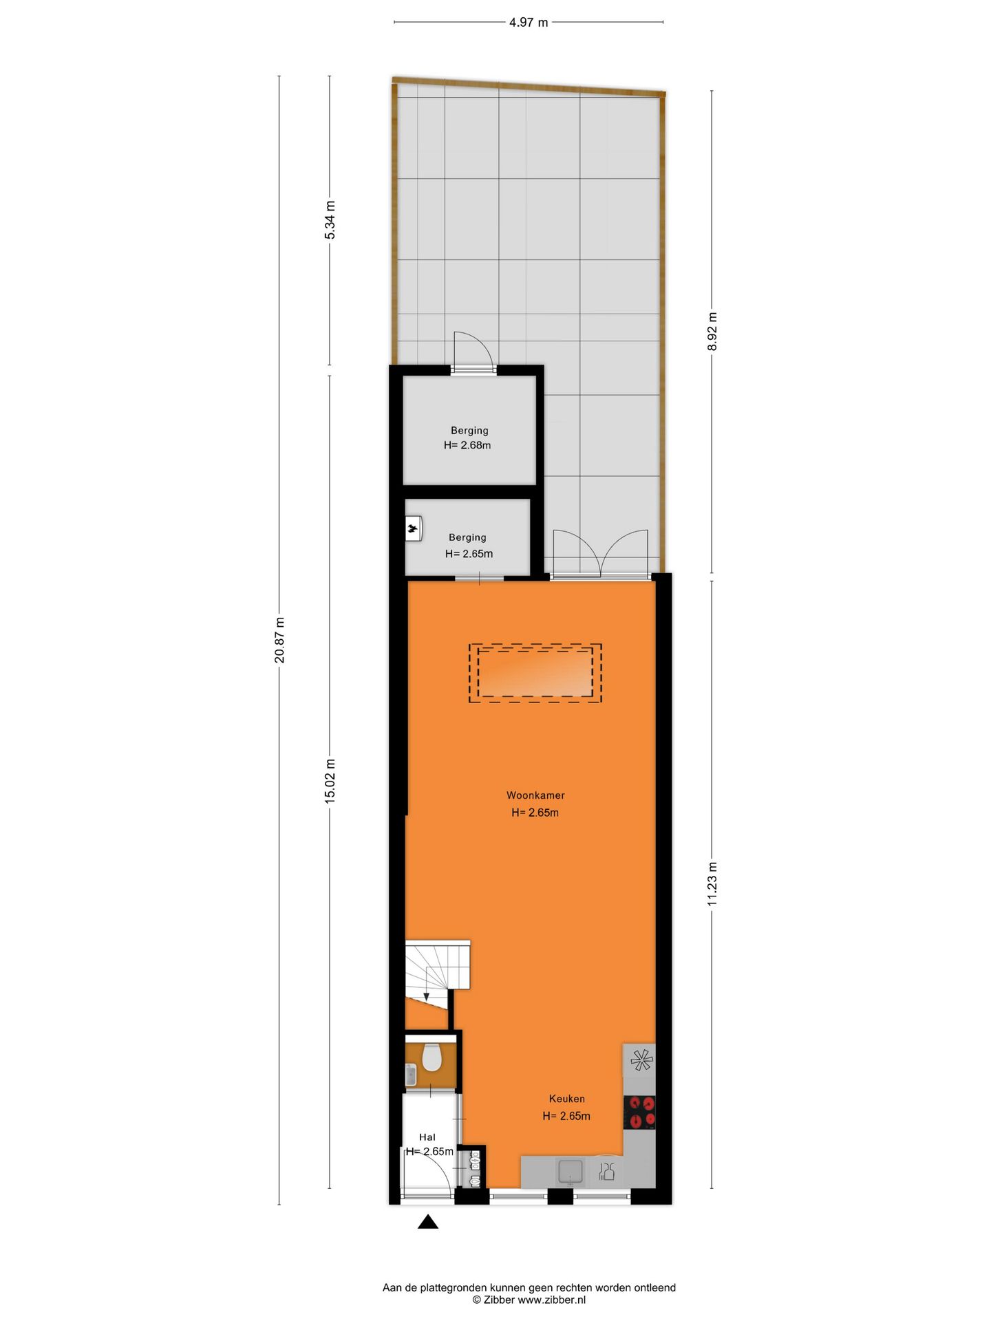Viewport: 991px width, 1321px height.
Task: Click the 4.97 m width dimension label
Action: pos(528,23)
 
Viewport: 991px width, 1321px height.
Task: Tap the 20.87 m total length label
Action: pos(279,640)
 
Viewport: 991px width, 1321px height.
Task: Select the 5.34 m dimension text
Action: pos(330,220)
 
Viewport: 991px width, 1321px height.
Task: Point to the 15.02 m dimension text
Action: pos(330,781)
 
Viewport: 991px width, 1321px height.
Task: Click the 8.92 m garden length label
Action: pos(712,332)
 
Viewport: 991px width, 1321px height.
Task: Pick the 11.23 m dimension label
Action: pos(712,883)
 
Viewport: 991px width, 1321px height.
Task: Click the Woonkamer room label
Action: pos(535,795)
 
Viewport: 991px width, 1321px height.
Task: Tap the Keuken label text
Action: pos(566,1099)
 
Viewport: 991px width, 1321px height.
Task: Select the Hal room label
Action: pos(427,1137)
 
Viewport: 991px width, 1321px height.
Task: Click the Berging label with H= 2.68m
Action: pos(469,431)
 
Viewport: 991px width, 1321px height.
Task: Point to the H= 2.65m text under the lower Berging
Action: pos(469,554)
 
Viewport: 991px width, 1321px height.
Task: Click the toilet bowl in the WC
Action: pos(431,1058)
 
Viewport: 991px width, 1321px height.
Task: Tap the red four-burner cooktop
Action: pos(639,1113)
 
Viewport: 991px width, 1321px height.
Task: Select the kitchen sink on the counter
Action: pos(571,1170)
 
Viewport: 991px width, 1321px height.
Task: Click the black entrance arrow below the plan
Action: pos(428,1222)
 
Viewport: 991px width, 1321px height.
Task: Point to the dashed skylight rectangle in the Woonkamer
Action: pos(535,673)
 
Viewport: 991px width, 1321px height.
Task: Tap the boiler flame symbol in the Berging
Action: pos(412,529)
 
